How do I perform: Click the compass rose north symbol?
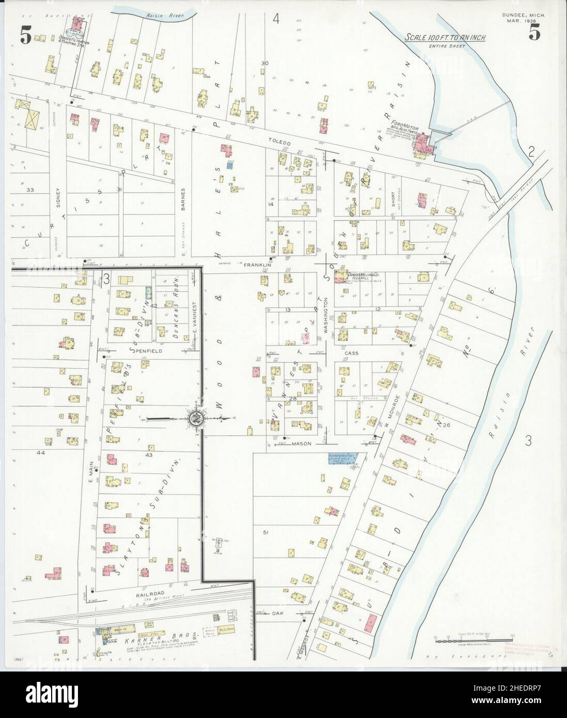(x=197, y=419)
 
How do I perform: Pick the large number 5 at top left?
(x=25, y=35)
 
